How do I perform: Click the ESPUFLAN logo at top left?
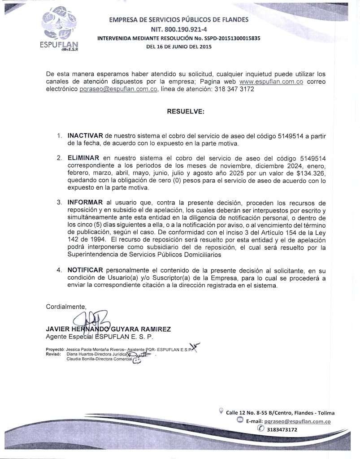pos(59,30)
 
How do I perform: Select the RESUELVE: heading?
pos(185,111)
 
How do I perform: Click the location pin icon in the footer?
pos(221,410)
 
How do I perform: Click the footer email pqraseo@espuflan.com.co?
pos(297,421)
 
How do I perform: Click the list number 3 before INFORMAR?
pos(59,203)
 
